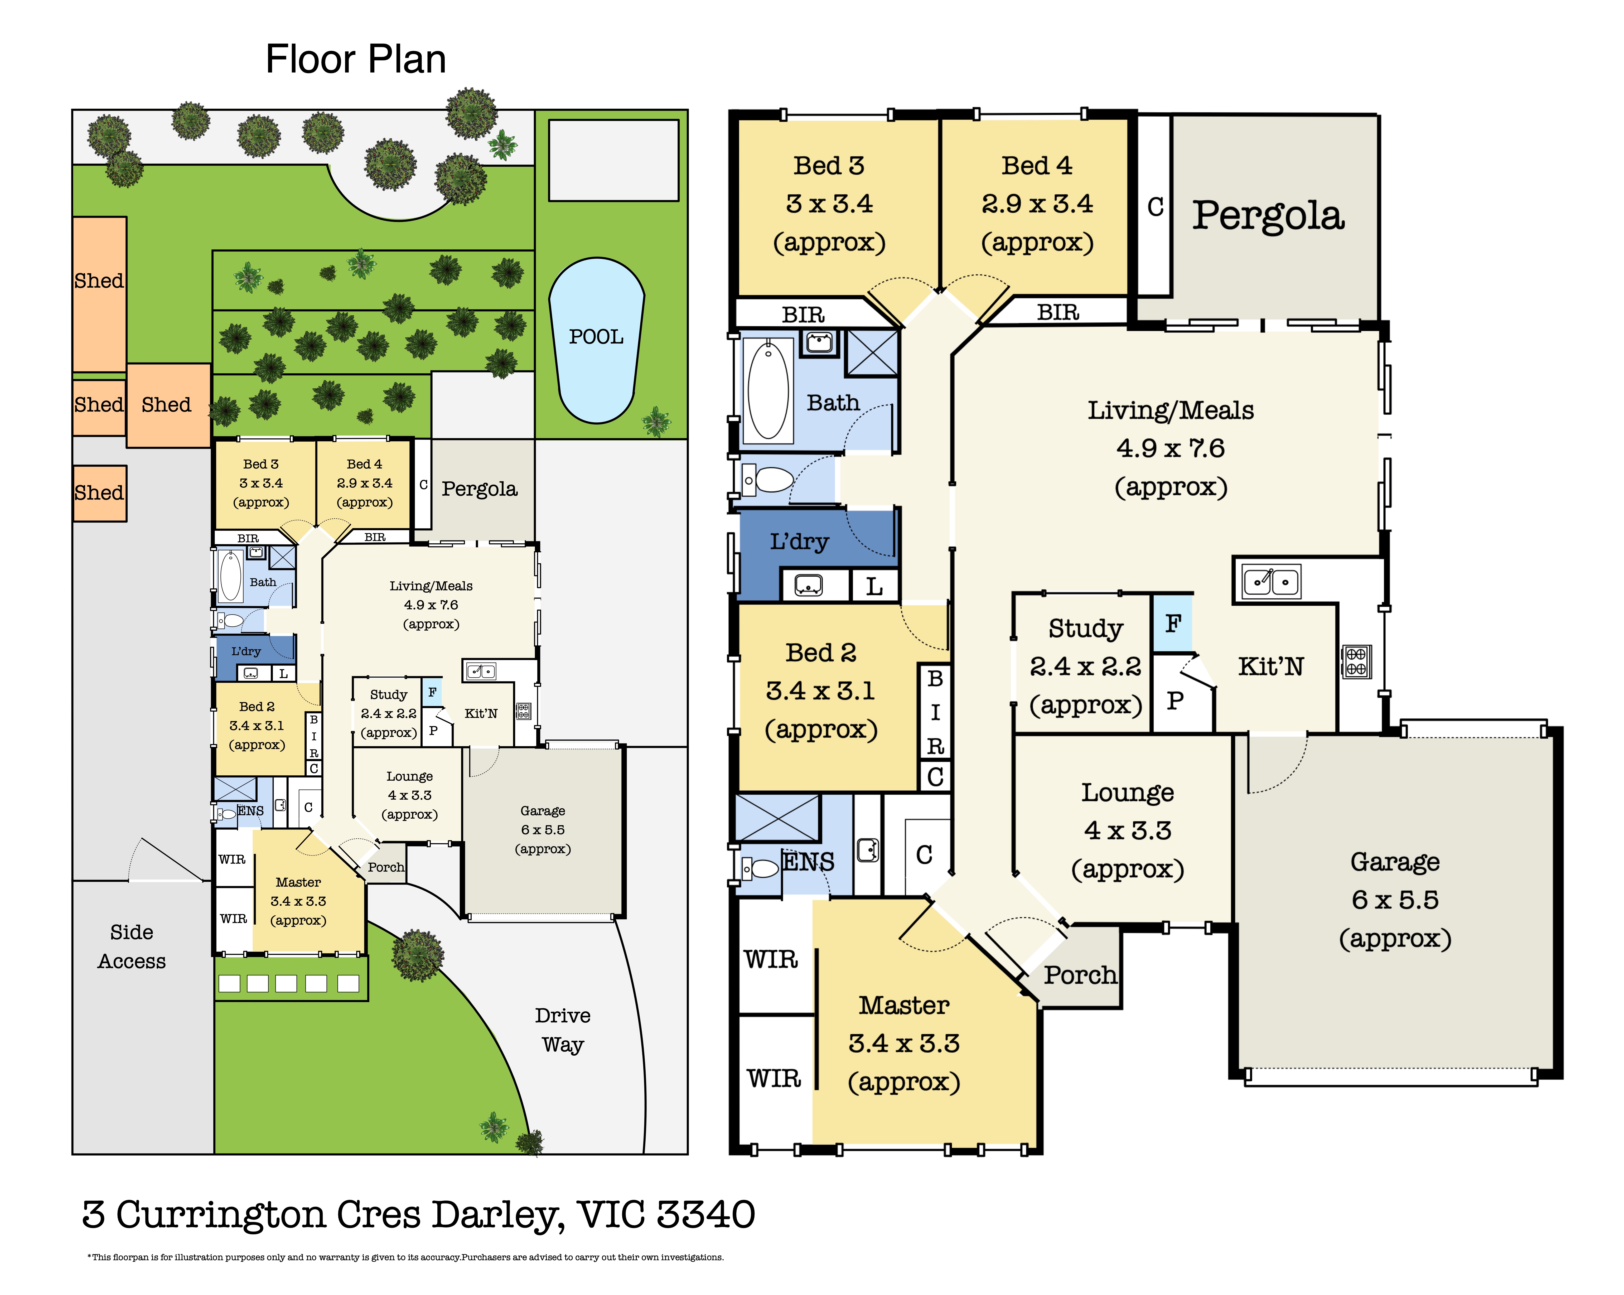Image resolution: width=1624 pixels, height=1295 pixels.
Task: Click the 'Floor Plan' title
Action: click(356, 60)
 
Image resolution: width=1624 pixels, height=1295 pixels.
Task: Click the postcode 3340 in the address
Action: click(706, 1214)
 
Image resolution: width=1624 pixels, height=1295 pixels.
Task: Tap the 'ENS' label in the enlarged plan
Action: click(808, 861)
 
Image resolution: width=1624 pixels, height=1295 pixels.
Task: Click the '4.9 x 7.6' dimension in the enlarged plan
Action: click(1171, 448)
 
